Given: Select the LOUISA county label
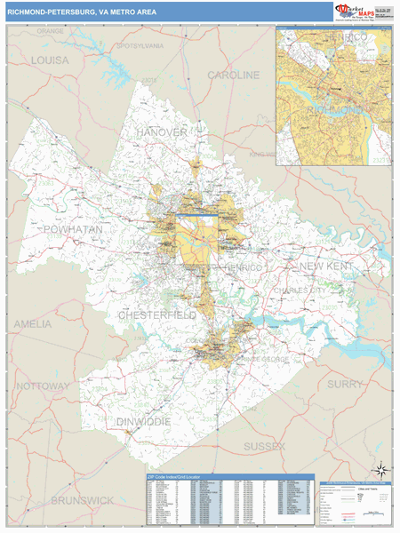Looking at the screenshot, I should click(50, 60).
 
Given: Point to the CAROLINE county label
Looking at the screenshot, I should click(234, 76).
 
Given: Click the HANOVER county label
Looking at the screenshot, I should click(162, 132).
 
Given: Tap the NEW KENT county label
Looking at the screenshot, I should click(325, 266).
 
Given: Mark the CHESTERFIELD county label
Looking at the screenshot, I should click(156, 315).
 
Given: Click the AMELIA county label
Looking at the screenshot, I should click(33, 324).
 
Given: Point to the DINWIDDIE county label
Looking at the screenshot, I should click(144, 421).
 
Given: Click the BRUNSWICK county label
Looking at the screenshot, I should click(82, 501).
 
